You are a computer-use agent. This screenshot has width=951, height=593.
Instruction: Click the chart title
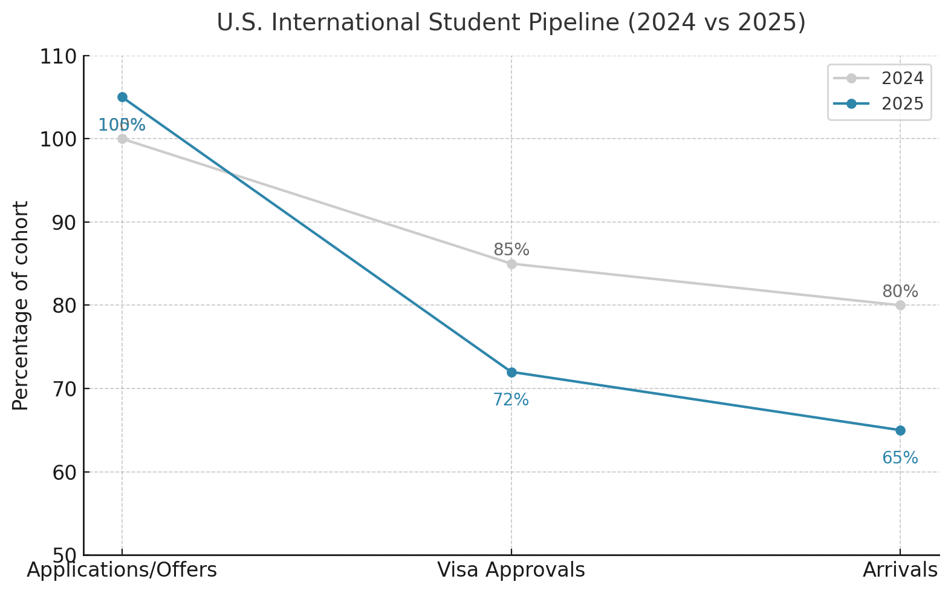coord(511,23)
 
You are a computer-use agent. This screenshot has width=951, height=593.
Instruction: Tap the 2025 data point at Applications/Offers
coord(122,97)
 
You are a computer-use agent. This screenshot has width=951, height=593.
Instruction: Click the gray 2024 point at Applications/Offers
coord(122,139)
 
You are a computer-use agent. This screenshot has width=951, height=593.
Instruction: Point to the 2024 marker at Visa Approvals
coord(511,264)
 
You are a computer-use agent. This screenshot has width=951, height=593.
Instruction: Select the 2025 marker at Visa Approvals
coord(511,372)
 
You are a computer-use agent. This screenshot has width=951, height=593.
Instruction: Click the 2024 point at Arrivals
coord(900,306)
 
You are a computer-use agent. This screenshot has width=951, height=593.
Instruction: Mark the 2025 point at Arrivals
coord(900,430)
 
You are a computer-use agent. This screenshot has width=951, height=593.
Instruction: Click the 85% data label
coord(511,250)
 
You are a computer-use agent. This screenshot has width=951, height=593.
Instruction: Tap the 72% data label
coord(511,400)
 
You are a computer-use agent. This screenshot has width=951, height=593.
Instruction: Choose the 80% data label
coord(900,292)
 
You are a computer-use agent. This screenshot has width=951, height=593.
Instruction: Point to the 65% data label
coord(900,458)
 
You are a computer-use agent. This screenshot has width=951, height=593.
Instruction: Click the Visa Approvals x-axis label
coord(511,571)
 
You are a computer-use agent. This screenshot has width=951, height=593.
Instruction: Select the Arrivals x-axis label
coord(900,571)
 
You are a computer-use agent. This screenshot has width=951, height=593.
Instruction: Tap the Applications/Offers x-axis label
coord(122,571)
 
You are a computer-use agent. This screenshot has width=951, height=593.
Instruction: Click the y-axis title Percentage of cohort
coord(21,306)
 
